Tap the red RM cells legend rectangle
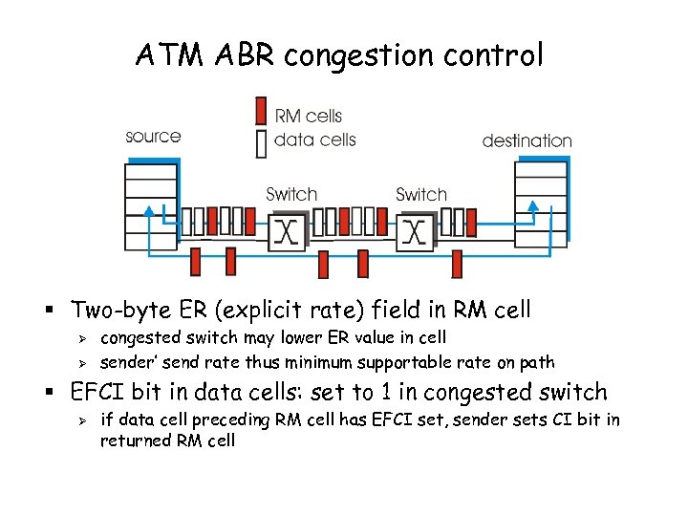[261, 112]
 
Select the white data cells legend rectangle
[261, 141]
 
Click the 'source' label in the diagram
[153, 137]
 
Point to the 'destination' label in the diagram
[527, 140]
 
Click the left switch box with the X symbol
[285, 230]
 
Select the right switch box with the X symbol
[415, 230]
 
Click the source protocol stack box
[151, 206]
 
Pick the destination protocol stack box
[540, 204]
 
